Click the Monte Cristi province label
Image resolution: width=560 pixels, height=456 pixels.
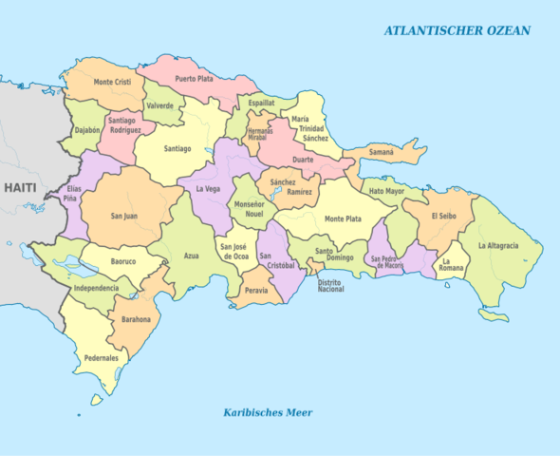point(111,83)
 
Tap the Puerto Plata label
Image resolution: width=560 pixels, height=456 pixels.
point(193,78)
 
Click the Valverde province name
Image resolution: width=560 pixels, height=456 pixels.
point(160,105)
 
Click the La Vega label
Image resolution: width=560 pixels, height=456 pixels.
point(208,189)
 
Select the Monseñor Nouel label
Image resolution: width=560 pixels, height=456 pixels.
point(248,210)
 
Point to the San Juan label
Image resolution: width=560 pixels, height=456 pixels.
point(123,216)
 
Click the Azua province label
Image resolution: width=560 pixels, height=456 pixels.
point(191,256)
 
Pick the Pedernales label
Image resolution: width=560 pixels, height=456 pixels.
point(101,358)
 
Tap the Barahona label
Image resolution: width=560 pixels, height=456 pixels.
point(135,319)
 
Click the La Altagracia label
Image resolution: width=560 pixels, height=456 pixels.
point(498,245)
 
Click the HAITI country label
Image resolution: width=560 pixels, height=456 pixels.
point(19,188)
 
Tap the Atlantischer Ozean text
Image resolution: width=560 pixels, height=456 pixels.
point(457,30)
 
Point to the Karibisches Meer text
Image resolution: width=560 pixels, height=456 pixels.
point(268,412)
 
